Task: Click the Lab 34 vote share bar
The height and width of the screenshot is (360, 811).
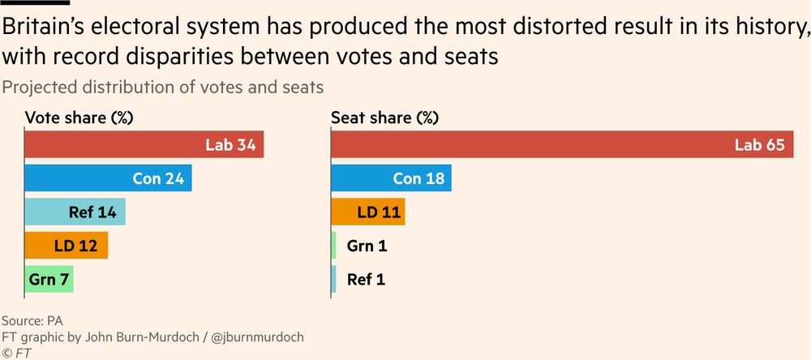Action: [144, 145]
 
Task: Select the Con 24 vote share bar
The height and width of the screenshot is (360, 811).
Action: [108, 178]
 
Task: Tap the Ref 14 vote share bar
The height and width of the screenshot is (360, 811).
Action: [75, 212]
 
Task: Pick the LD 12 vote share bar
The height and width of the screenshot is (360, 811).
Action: [66, 245]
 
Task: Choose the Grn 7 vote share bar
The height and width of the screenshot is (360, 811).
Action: [49, 279]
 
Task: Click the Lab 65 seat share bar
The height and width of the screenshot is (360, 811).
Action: [562, 145]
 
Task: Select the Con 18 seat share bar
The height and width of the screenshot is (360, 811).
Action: [391, 178]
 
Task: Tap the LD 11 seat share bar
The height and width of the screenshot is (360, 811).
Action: [367, 212]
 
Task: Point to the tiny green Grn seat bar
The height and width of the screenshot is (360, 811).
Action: [333, 245]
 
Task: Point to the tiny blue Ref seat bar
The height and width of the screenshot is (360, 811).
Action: [333, 279]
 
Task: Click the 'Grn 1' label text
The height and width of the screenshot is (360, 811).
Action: [367, 245]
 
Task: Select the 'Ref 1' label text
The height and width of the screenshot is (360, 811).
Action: [367, 279]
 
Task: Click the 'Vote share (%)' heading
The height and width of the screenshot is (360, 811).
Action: [79, 118]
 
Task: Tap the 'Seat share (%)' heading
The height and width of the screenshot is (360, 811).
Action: [384, 118]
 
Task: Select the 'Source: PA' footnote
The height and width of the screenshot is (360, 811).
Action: [32, 319]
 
